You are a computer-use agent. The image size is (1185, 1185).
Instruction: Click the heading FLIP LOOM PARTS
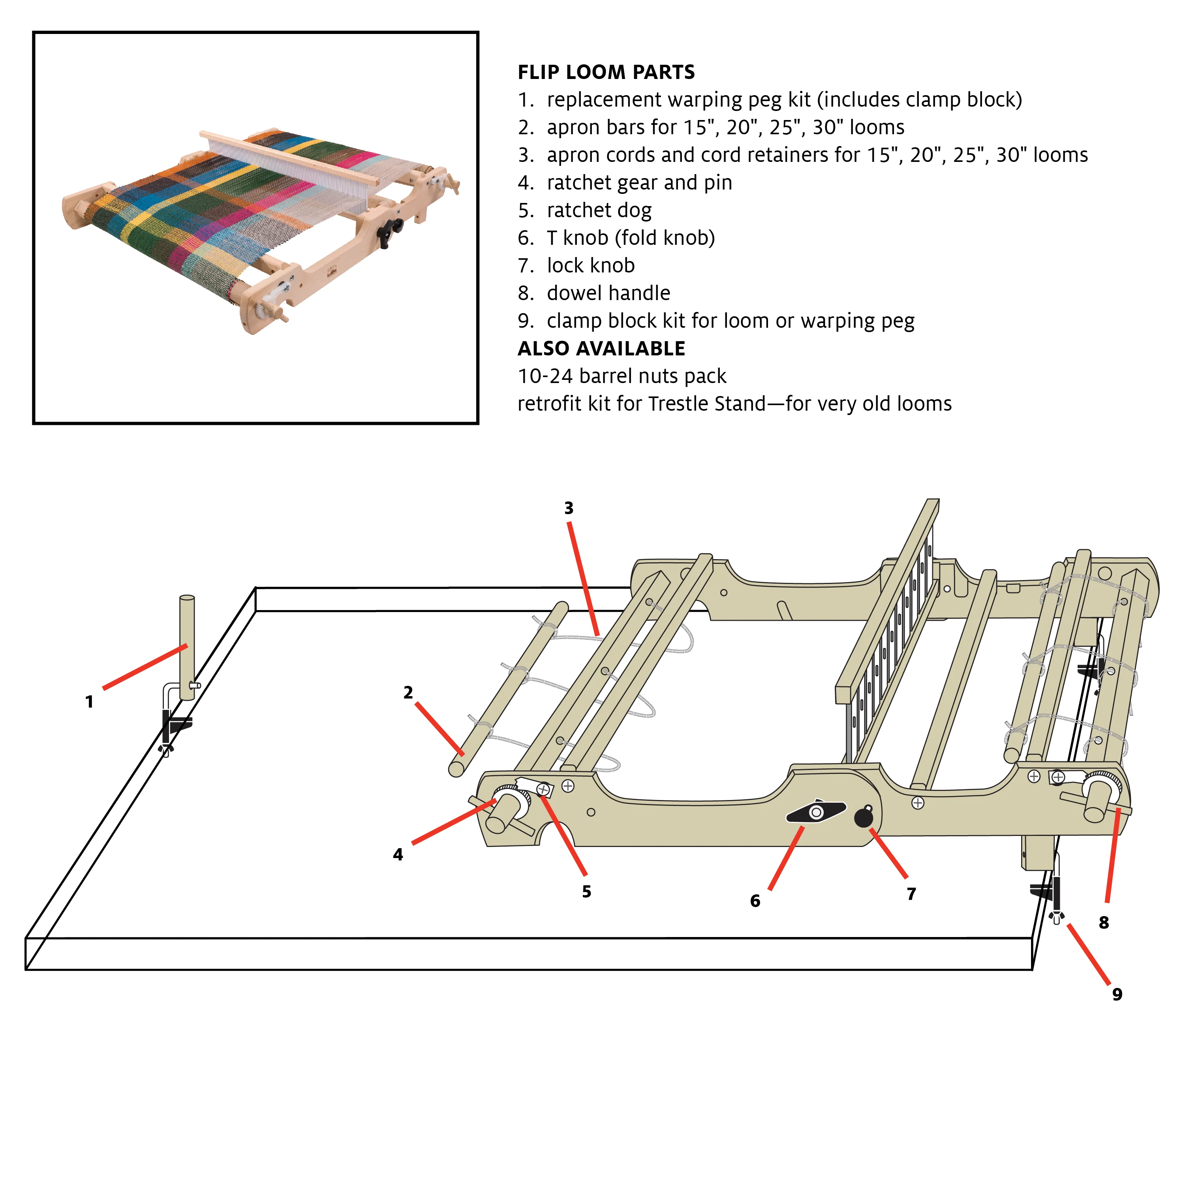pyautogui.click(x=606, y=72)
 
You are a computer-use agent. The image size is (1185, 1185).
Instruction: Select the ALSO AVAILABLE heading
pyautogui.click(x=601, y=348)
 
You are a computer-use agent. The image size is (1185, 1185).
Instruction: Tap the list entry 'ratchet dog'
pyautogui.click(x=584, y=210)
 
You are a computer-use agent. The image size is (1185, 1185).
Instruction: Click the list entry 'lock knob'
pyautogui.click(x=577, y=266)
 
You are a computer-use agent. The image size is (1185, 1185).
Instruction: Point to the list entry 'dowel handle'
pyautogui.click(x=594, y=293)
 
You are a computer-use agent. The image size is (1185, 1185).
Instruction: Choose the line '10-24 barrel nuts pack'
pyautogui.click(x=622, y=376)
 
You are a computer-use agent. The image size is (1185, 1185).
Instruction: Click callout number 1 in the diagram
pyautogui.click(x=90, y=702)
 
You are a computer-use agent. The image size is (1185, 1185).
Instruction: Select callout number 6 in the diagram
pyautogui.click(x=755, y=901)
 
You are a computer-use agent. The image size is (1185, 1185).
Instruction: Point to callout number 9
pyautogui.click(x=1117, y=994)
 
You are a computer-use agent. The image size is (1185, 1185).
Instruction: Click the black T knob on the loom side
pyautogui.click(x=816, y=812)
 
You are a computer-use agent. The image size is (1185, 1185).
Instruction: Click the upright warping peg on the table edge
pyautogui.click(x=187, y=647)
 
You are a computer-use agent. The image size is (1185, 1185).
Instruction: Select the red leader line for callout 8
pyautogui.click(x=1113, y=856)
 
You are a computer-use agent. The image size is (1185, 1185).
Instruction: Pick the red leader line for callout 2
pyautogui.click(x=439, y=729)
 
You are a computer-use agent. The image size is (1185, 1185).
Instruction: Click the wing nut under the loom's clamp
pyautogui.click(x=1056, y=918)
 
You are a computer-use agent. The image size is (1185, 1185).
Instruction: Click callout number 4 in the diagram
pyautogui.click(x=398, y=854)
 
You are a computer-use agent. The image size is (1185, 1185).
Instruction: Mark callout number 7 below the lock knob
pyautogui.click(x=911, y=894)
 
